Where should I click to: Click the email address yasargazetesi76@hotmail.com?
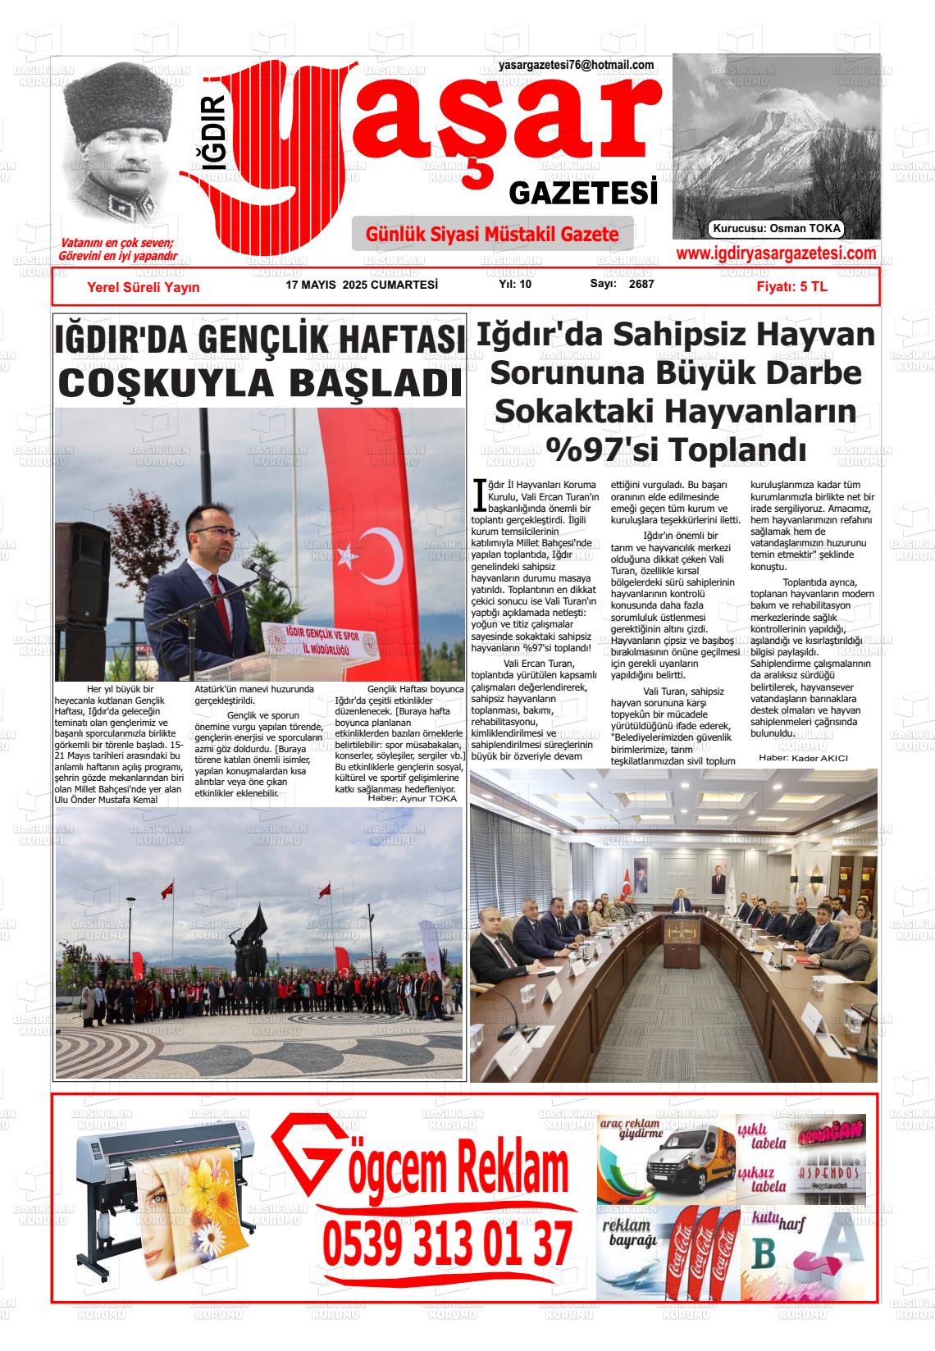click(x=576, y=65)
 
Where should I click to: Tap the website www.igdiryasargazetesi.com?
click(x=775, y=253)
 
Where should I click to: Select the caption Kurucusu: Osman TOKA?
click(x=777, y=229)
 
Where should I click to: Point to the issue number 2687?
click(x=641, y=284)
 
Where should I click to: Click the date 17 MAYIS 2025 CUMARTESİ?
click(x=362, y=285)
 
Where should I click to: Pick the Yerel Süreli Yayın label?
click(x=144, y=286)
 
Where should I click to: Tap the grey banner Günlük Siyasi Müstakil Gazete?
click(x=492, y=235)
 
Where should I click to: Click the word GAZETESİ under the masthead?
click(x=583, y=194)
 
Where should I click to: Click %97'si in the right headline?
click(x=598, y=449)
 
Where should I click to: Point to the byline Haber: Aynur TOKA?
click(x=412, y=798)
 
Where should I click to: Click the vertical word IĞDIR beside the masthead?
click(x=215, y=132)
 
